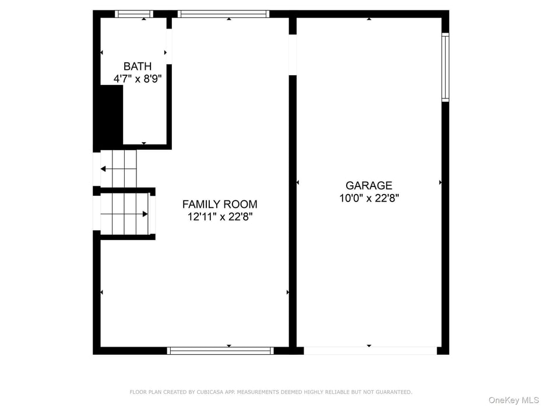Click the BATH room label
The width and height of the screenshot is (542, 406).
138,66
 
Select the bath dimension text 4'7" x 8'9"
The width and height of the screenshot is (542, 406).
138,78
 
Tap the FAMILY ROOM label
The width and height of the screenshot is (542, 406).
220,204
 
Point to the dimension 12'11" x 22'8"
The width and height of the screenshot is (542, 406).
220,217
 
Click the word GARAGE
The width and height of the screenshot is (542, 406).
369,186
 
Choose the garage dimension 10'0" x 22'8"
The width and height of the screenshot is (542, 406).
369,198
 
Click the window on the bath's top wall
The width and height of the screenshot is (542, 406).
134,14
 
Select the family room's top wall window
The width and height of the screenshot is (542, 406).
223,14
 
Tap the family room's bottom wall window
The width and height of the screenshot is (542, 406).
220,351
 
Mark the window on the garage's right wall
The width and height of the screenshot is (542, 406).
445,67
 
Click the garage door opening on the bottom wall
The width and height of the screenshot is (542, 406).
369,351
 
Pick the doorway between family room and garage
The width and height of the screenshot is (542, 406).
293,55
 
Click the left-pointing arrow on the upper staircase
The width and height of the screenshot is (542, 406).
103,169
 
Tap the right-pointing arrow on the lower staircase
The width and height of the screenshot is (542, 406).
145,214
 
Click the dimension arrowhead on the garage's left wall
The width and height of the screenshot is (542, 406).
298,182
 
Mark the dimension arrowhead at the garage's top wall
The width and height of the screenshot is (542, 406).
369,19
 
